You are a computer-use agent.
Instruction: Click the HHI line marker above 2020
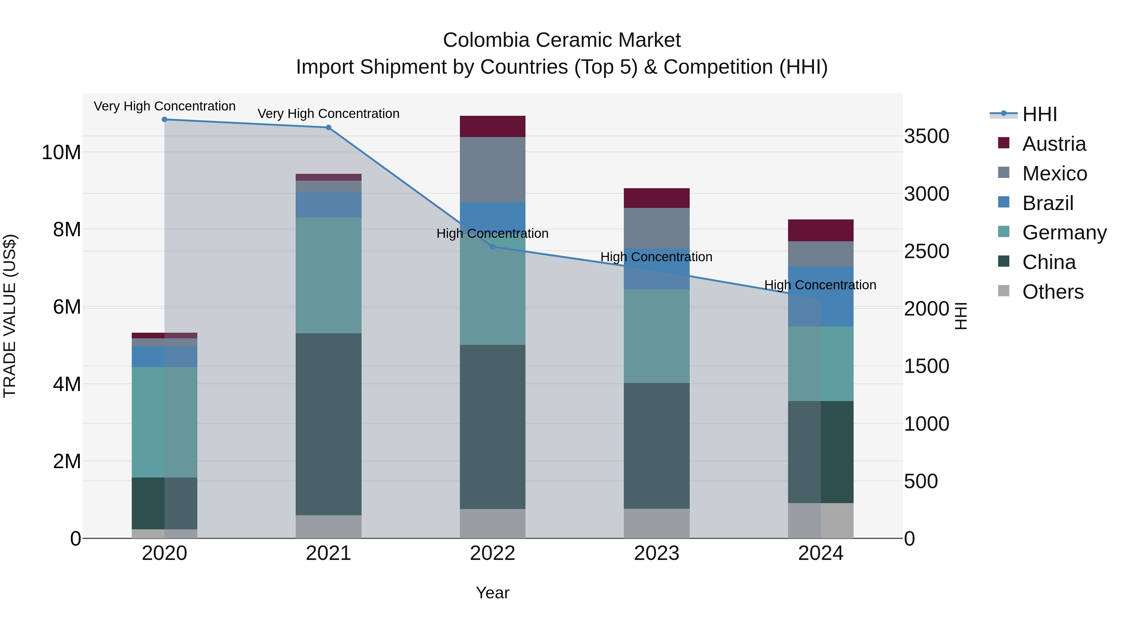(x=165, y=120)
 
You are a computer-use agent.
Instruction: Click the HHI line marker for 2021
(x=328, y=128)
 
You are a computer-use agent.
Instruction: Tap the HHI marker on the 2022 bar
(x=493, y=247)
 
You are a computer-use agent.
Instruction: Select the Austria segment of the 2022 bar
(x=493, y=126)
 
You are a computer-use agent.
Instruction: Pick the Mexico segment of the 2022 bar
(x=493, y=170)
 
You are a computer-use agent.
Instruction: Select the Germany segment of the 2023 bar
(x=657, y=336)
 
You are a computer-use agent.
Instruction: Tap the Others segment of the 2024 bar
(x=821, y=520)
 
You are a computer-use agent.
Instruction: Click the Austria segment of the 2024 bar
(x=821, y=230)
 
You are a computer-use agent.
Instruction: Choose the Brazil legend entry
(x=1047, y=203)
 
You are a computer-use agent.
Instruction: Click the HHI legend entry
(x=1039, y=114)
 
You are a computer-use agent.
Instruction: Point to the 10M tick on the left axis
(x=61, y=153)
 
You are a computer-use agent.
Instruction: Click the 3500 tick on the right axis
(x=926, y=136)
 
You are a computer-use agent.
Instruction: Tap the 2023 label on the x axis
(x=657, y=553)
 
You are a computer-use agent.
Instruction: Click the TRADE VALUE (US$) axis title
(x=10, y=316)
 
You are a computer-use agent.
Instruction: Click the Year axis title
(x=493, y=593)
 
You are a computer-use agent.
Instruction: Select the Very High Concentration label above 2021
(x=328, y=113)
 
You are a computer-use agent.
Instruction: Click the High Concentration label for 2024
(x=820, y=285)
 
